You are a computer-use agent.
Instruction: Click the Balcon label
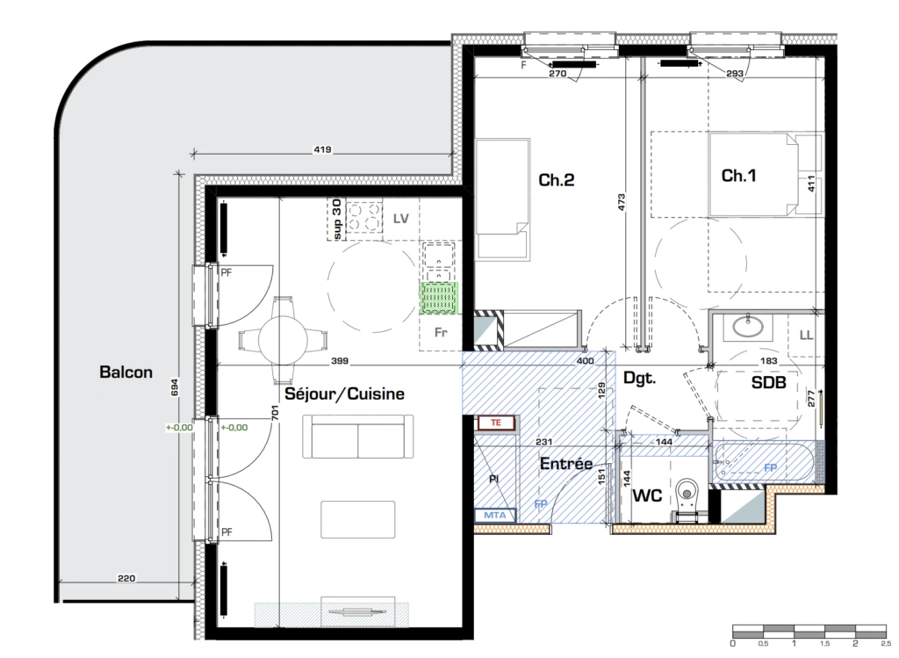(126, 372)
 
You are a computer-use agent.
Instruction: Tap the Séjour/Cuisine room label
(344, 394)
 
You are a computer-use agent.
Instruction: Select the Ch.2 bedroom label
(556, 180)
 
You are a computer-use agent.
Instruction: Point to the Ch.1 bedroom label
(738, 176)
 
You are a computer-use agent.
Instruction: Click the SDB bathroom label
(768, 382)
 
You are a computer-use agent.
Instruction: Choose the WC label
(647, 495)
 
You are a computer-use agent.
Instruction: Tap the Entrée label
(566, 464)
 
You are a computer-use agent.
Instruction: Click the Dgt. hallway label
(639, 379)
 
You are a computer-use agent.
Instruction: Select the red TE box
(496, 423)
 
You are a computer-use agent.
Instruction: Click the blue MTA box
(495, 515)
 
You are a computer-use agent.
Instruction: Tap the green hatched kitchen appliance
(440, 299)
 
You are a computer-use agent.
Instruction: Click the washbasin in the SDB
(748, 327)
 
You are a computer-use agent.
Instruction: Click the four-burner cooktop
(364, 216)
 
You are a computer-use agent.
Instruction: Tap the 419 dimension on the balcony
(322, 149)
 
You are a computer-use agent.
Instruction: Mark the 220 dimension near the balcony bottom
(126, 578)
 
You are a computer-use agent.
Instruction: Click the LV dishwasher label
(400, 219)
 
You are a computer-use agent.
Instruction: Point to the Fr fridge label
(441, 332)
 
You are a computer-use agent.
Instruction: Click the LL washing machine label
(806, 335)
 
